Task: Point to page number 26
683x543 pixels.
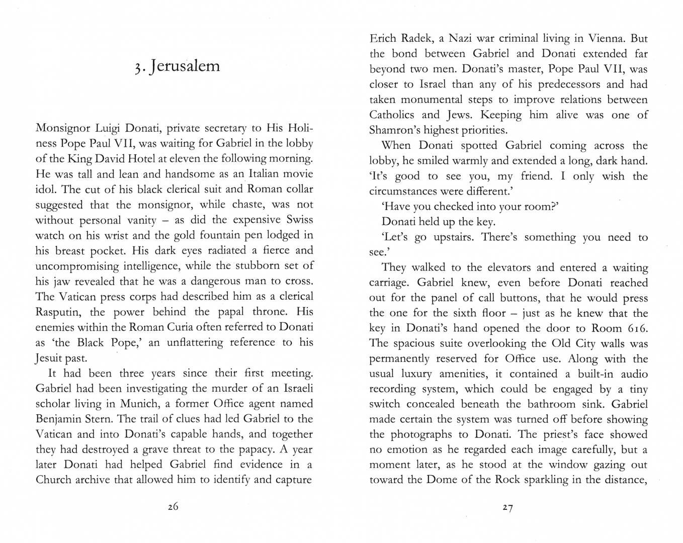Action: point(173,507)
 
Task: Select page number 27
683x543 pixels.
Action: point(507,508)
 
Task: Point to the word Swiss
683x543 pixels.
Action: point(299,220)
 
